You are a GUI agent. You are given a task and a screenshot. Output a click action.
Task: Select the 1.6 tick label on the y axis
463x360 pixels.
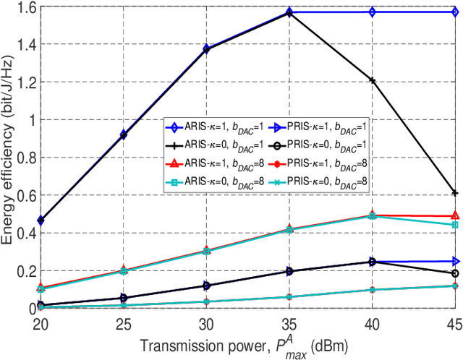coord(19,8)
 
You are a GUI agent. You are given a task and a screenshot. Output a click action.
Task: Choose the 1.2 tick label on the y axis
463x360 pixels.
coord(19,83)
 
